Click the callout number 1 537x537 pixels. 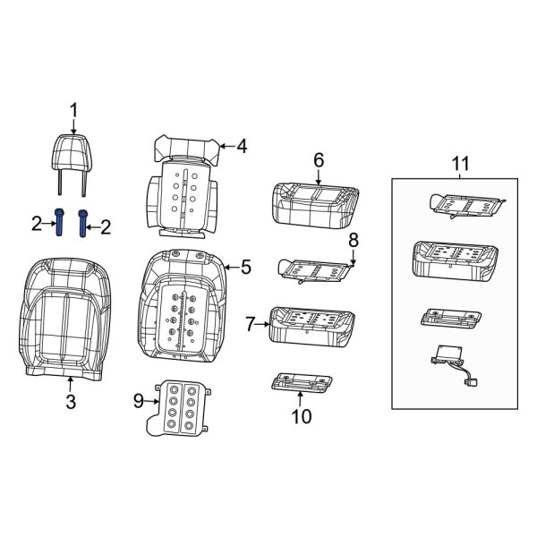74,110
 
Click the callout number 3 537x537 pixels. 71,402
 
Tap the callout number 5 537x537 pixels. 246,266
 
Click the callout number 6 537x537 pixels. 318,160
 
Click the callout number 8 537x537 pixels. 353,239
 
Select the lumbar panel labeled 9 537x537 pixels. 184,406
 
